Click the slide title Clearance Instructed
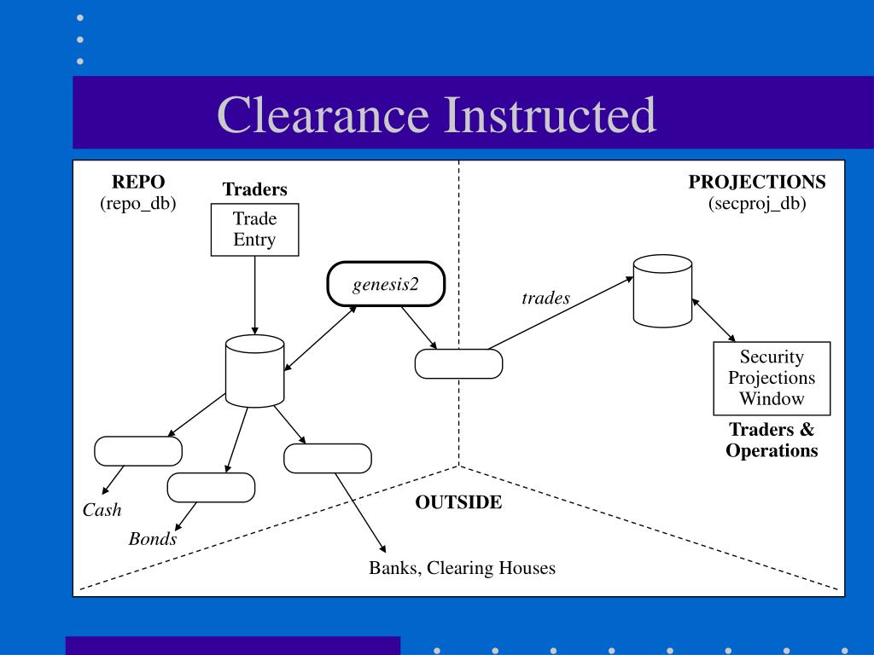436,114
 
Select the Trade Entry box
254,229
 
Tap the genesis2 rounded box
386,283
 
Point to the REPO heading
138,182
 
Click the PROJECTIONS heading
757,182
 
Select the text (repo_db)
138,204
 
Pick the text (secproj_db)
757,204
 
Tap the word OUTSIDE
458,502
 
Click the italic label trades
545,299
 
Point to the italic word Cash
102,511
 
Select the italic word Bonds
153,539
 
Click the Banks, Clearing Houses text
462,567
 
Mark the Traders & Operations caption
772,440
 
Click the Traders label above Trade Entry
254,189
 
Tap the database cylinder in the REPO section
254,370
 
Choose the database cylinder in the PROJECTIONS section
662,291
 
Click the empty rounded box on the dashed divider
458,363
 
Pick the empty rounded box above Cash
137,451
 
